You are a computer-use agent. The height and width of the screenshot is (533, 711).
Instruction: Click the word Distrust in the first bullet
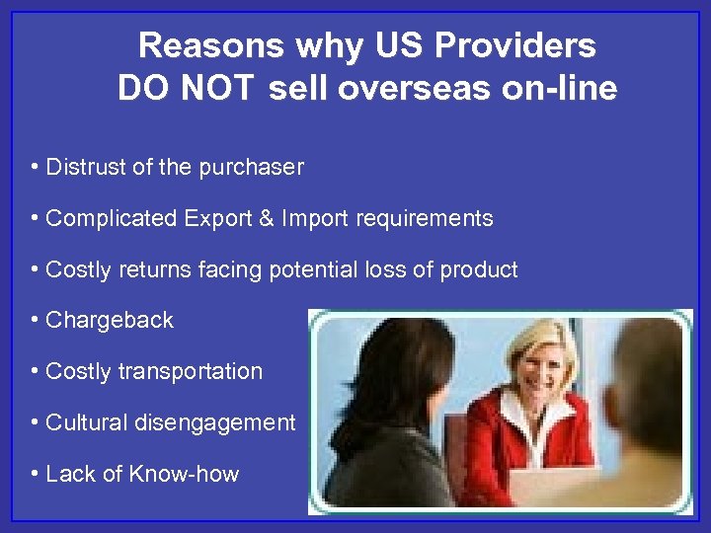pos(86,167)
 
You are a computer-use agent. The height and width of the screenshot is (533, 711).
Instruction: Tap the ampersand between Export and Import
pos(265,218)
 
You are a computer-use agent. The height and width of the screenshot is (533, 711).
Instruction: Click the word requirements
pos(422,218)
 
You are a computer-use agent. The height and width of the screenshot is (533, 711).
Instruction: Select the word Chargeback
pos(110,321)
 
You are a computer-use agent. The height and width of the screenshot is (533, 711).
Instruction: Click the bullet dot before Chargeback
pos(35,321)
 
